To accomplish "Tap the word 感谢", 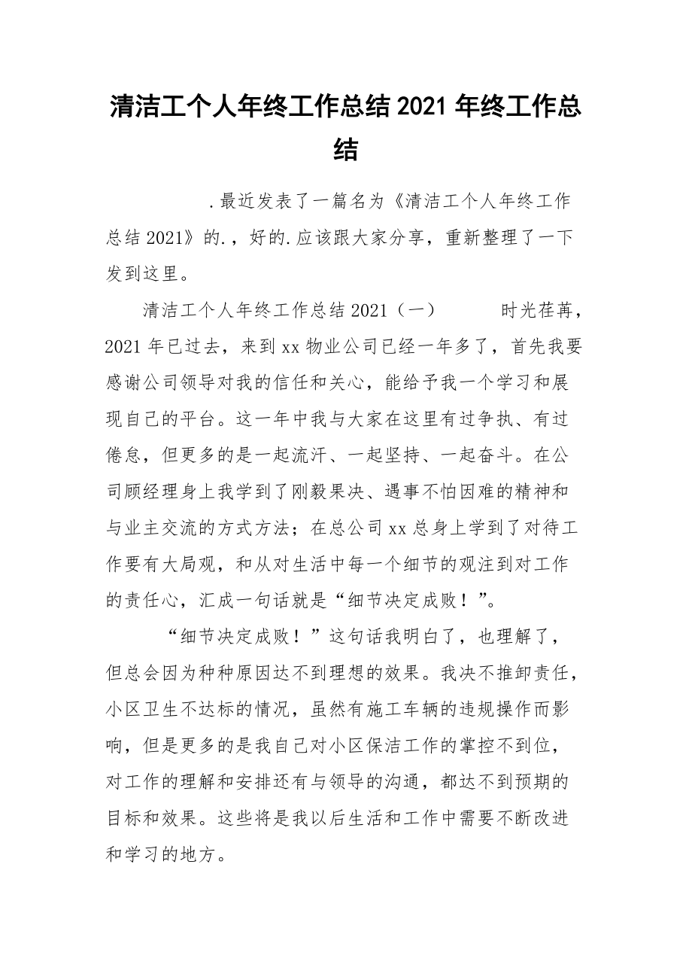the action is click(125, 382).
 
